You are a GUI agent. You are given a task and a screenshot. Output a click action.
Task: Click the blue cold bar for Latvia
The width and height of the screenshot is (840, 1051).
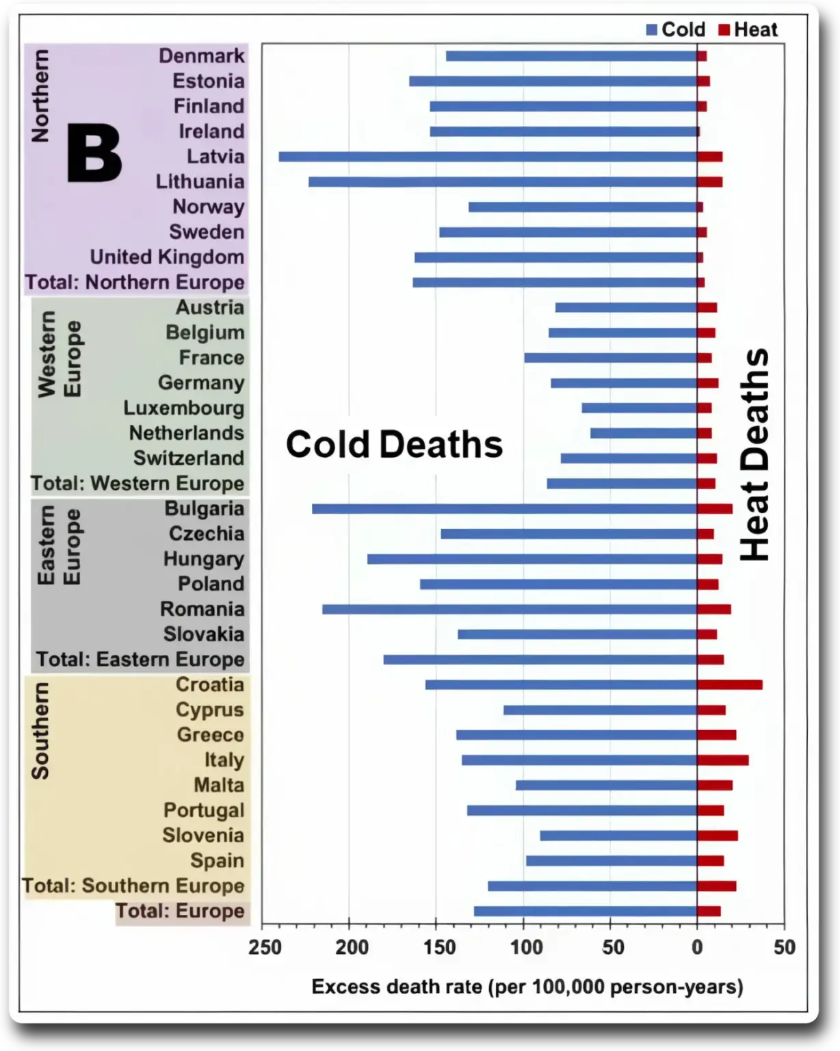(x=488, y=157)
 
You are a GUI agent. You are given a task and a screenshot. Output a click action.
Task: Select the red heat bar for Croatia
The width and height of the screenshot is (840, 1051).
(x=730, y=685)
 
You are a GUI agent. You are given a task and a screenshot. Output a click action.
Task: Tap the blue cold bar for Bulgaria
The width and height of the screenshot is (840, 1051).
(x=504, y=509)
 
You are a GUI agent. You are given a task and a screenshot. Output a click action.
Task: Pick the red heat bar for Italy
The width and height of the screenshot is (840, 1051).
(x=723, y=760)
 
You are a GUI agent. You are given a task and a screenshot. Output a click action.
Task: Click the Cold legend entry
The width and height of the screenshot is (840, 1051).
(x=676, y=29)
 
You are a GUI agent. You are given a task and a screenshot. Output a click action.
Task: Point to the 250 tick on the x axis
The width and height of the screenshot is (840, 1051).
(x=265, y=947)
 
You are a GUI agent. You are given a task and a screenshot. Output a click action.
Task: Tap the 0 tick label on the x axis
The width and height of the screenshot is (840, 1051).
(x=697, y=947)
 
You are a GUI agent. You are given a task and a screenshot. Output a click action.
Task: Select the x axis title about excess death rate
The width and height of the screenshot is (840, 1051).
(x=527, y=987)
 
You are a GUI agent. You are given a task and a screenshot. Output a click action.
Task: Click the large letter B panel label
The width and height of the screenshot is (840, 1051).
(x=94, y=155)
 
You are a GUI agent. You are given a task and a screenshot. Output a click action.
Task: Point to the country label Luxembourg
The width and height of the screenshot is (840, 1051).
(x=183, y=408)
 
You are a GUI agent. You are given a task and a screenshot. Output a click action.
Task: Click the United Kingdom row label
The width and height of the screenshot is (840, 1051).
(x=167, y=257)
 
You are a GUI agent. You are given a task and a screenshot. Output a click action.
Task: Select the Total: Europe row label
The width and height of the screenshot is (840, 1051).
(x=179, y=911)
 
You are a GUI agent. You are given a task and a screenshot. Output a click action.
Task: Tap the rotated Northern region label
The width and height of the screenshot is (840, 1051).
(x=40, y=96)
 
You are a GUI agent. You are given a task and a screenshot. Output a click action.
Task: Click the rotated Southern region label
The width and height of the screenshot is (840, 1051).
(x=40, y=731)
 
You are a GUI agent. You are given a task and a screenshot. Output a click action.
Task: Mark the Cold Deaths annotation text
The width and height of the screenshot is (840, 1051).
(x=394, y=445)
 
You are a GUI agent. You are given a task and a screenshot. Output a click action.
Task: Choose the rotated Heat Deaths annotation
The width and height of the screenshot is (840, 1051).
(x=755, y=455)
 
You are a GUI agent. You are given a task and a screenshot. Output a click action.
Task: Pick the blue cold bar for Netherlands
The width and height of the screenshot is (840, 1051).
(x=643, y=433)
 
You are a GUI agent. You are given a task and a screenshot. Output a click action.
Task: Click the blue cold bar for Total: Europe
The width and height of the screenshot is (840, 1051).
(x=585, y=911)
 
